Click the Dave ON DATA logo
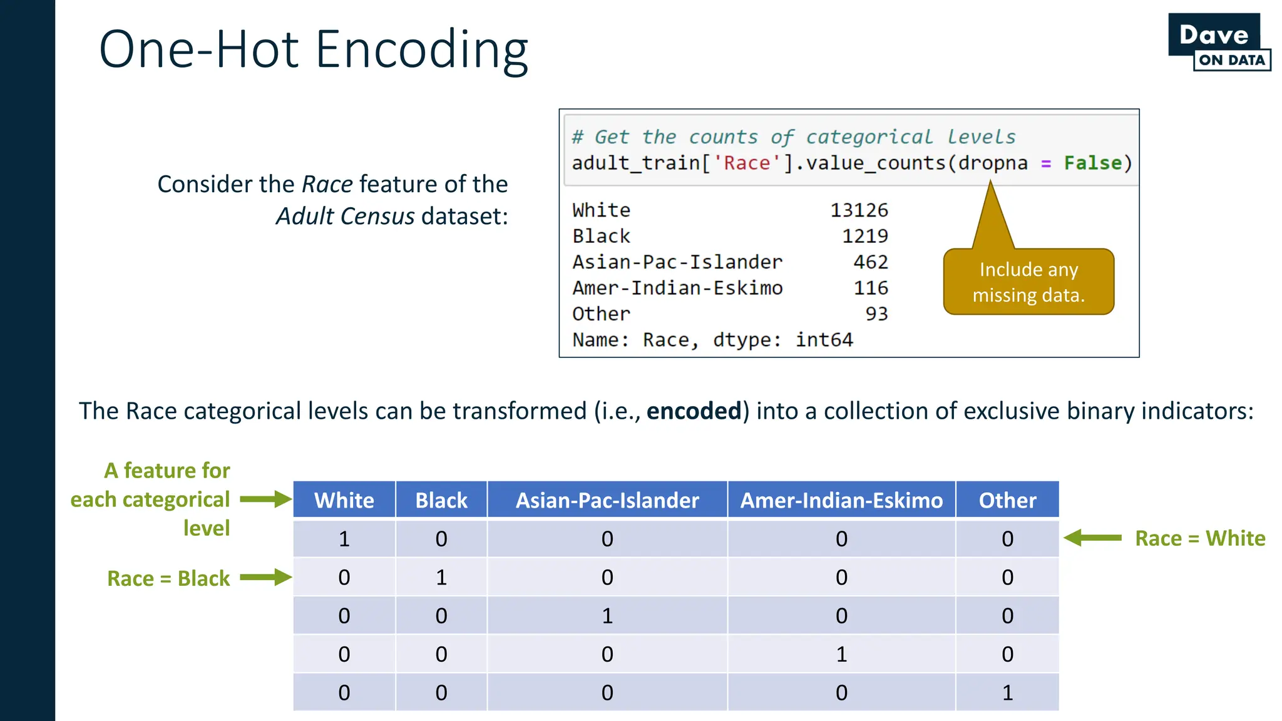click(1218, 43)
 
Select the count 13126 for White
click(859, 210)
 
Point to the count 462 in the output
click(870, 262)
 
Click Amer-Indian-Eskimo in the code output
click(677, 288)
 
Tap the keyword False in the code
click(1092, 163)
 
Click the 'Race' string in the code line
click(747, 163)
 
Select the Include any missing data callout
click(1028, 282)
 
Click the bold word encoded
click(694, 411)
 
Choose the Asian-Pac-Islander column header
click(607, 500)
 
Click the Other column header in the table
click(1007, 500)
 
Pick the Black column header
click(441, 500)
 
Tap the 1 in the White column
click(344, 539)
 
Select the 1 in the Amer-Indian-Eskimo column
click(841, 654)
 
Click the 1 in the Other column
click(1007, 693)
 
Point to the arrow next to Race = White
click(1092, 538)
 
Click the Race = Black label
click(168, 578)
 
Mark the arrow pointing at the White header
click(266, 499)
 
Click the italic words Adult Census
click(345, 217)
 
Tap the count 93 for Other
click(876, 314)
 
